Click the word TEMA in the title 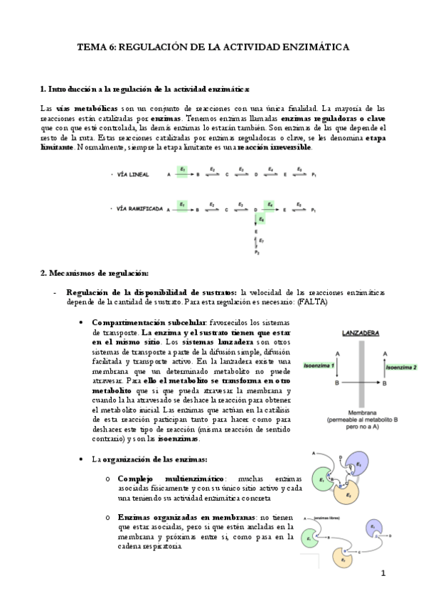tap(90, 47)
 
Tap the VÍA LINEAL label tap(134, 174)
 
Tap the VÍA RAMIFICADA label tap(141, 209)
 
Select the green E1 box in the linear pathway tap(183, 171)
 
